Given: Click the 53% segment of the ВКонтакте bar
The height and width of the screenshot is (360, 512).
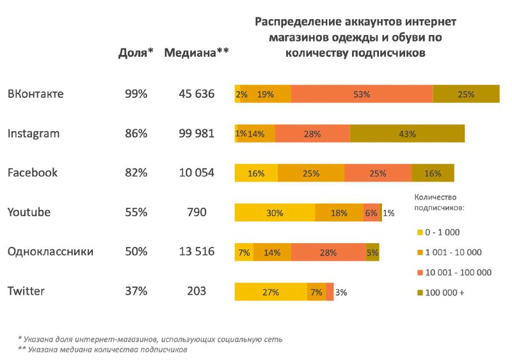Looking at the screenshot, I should coord(362,94).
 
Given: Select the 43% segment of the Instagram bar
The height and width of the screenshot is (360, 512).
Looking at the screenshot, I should coord(407,134).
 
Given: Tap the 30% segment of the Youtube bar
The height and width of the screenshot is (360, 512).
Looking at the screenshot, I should coord(275,213).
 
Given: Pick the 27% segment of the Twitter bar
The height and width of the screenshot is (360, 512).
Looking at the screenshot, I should coord(271,292).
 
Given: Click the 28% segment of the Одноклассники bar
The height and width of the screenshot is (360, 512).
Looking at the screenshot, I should coord(328,252).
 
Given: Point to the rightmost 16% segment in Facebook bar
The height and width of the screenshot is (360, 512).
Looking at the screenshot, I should coord(433,173).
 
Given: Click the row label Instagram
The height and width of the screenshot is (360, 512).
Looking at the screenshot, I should coord(33,134).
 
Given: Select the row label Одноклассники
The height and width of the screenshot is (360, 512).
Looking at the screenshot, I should coord(51,252).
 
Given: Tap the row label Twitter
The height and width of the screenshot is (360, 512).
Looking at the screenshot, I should coord(26,292).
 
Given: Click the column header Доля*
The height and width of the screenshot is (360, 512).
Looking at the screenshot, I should coord(136,53).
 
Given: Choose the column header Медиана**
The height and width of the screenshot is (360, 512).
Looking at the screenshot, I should coord(196,53).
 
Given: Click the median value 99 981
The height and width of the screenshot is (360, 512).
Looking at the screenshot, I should coord(196,134).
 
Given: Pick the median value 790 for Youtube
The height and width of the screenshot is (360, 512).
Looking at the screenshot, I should coord(196,212).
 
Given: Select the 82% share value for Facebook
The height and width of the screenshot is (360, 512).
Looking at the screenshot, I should coord(136,173).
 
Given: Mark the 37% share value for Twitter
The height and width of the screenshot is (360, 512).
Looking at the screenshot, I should coord(136,292).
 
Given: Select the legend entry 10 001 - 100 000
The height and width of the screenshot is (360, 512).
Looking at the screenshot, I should coord(458,272).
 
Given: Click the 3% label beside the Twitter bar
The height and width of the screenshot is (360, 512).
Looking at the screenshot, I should coord(341,292).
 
